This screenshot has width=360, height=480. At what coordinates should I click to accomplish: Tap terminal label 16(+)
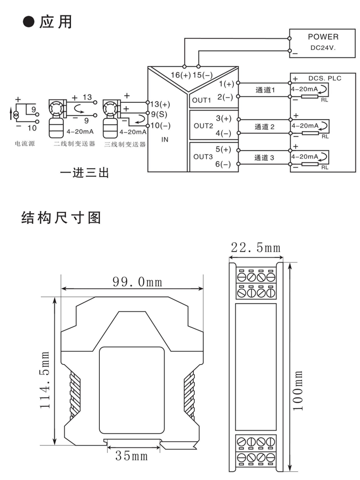(x=180, y=75)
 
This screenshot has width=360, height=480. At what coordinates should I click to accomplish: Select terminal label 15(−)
(x=202, y=75)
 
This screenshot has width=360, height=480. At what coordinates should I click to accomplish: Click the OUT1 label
(x=202, y=100)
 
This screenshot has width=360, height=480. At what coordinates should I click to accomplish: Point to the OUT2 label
(x=203, y=126)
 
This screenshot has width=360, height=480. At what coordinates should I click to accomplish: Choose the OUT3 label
(x=203, y=156)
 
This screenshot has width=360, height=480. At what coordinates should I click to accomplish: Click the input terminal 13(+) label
(x=160, y=104)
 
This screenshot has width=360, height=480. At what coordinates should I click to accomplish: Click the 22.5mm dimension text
(x=255, y=248)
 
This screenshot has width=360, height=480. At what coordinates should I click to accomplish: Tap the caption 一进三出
(x=84, y=172)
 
